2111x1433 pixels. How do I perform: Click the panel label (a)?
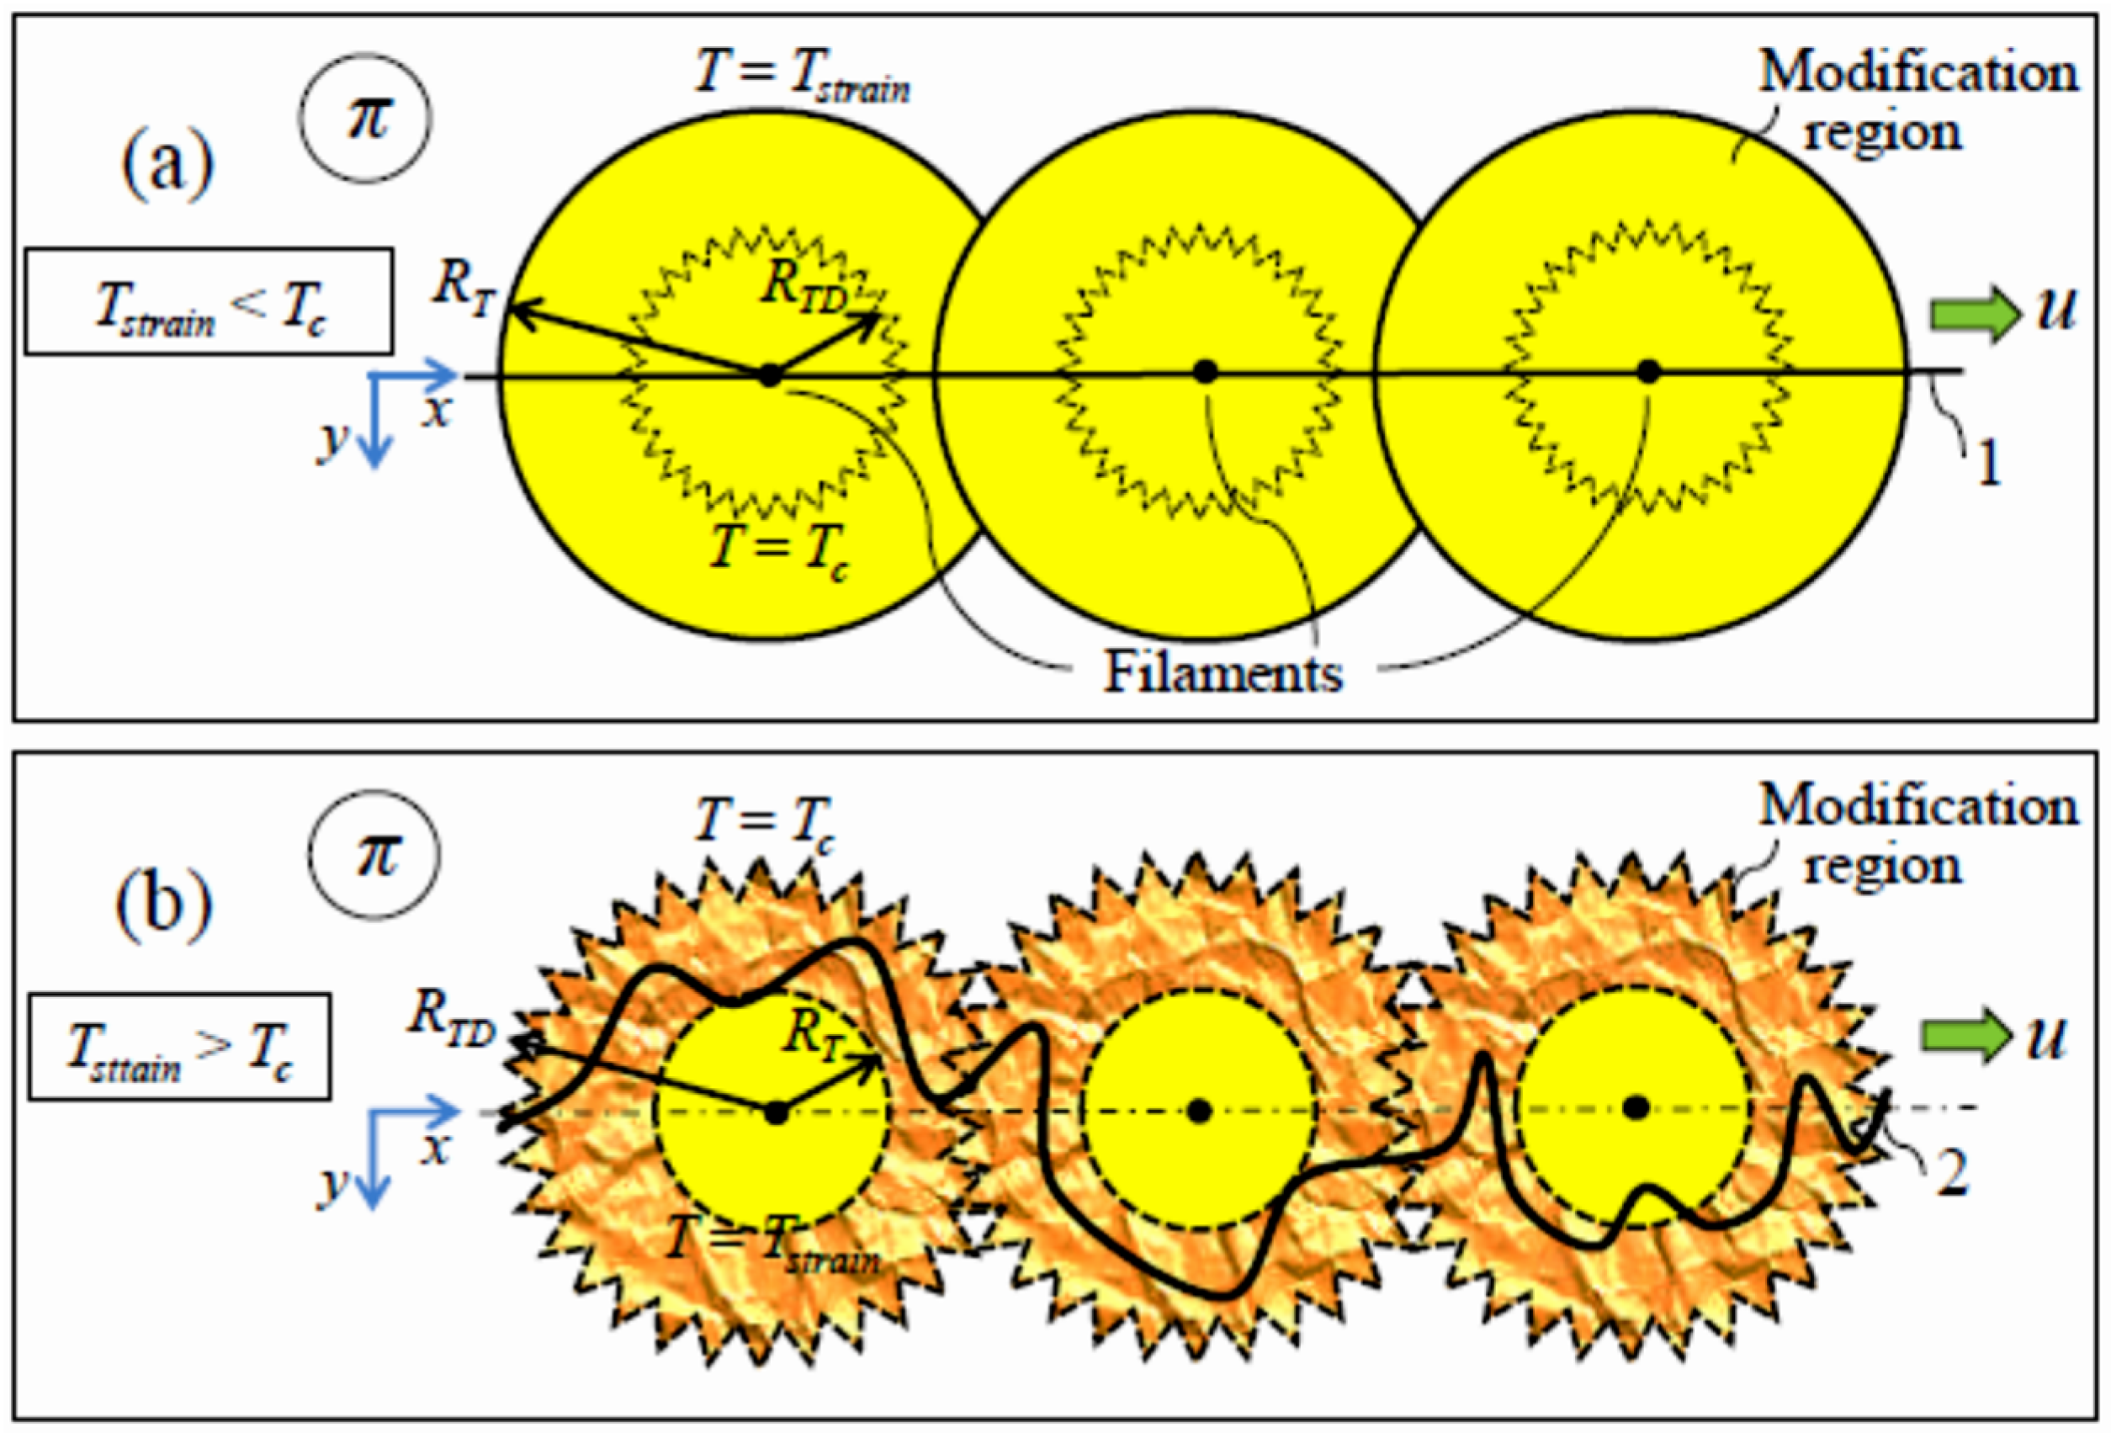[167, 164]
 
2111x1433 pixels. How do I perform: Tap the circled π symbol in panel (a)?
[367, 118]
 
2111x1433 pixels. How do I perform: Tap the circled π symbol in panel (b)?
[375, 853]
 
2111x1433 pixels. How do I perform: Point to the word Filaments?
[1223, 673]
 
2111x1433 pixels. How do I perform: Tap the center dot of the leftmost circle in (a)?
[769, 374]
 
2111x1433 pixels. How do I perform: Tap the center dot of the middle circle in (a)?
[1206, 371]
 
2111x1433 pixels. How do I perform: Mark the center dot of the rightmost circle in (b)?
[1636, 1107]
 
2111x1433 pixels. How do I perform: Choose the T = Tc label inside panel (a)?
[780, 549]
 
